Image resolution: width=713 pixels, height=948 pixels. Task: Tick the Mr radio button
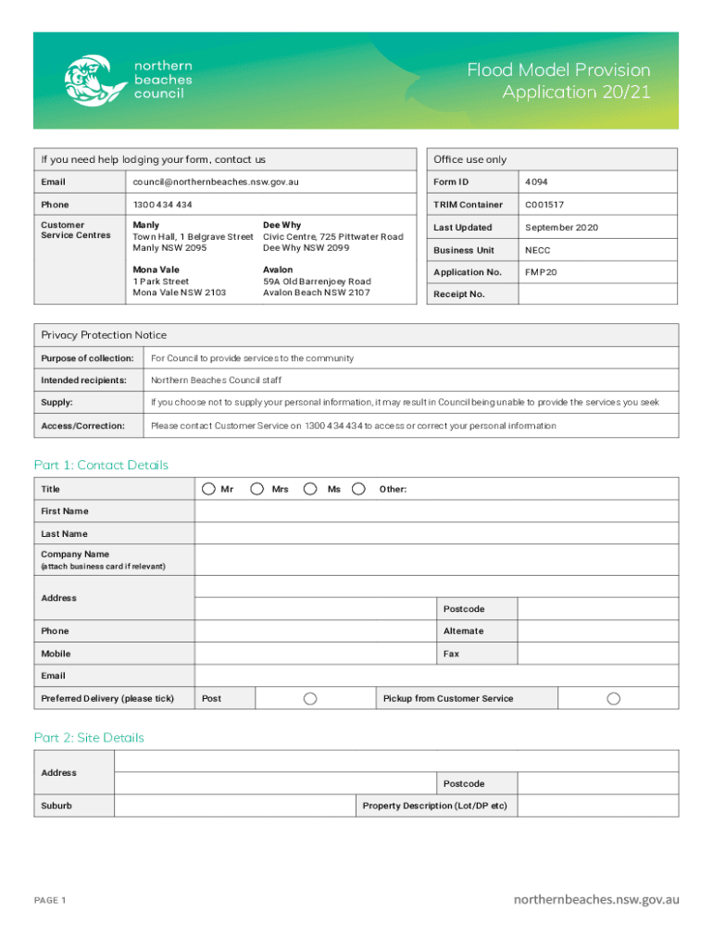209,489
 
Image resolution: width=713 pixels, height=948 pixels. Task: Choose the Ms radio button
311,489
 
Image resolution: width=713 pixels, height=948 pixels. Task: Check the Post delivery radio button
311,698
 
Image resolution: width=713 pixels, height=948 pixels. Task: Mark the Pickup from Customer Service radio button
613,698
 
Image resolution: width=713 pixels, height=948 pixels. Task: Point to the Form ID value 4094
536,182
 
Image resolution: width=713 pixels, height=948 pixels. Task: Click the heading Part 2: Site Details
89,738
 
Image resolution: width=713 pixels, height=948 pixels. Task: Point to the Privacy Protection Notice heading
104,335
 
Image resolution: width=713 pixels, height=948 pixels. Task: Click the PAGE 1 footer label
50,900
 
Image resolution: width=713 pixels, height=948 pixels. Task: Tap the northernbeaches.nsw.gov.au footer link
596,899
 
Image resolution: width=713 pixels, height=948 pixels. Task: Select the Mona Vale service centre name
156,270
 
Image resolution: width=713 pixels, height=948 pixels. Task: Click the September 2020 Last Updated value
561,228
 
